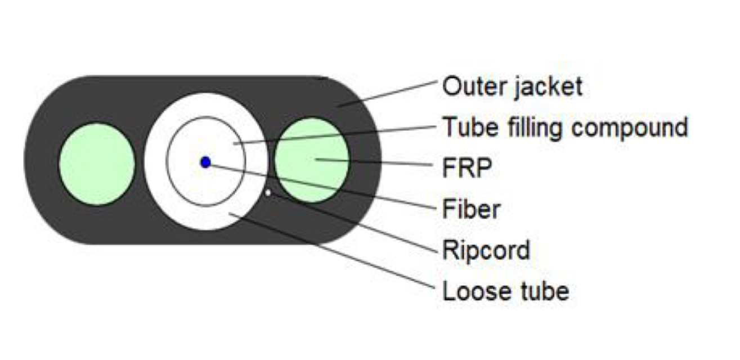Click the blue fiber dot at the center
(x=205, y=162)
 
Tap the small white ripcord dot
(x=268, y=192)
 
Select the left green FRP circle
(x=97, y=164)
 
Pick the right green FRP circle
(x=312, y=160)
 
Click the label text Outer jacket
(x=512, y=87)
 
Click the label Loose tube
(x=505, y=291)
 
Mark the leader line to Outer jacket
(x=388, y=93)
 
